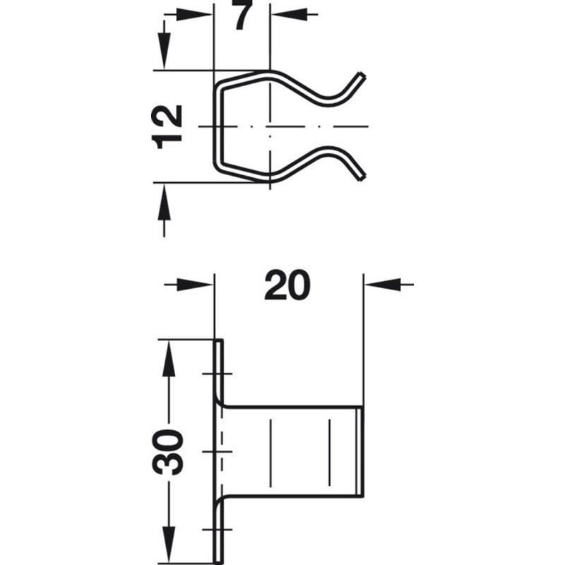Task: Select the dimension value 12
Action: pos(169,126)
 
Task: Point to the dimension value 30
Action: pos(170,452)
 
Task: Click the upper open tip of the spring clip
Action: pos(362,76)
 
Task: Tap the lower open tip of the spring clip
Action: pos(362,175)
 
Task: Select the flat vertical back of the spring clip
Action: pos(215,126)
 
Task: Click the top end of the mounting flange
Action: pos(218,341)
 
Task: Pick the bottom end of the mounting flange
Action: pos(218,561)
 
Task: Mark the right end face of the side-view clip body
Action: pos(362,451)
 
